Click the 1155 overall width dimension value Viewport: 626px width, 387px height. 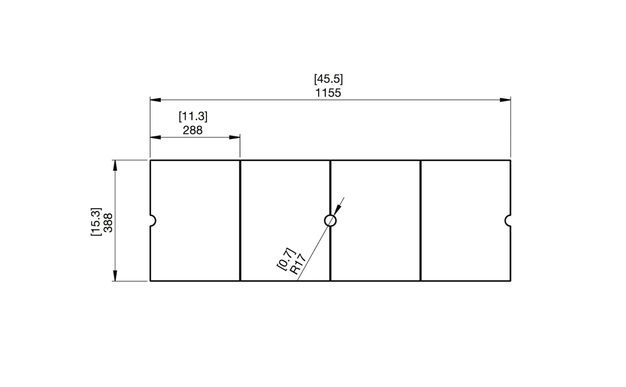[x=328, y=93]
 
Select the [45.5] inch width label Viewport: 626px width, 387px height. [x=328, y=79]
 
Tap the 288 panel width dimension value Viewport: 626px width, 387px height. [x=192, y=130]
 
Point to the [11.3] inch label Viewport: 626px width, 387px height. [x=193, y=117]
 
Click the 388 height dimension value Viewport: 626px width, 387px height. [x=108, y=222]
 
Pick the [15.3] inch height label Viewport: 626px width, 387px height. [x=96, y=222]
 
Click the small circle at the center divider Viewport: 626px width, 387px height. [x=330, y=221]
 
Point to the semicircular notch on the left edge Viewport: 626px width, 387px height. [x=152, y=221]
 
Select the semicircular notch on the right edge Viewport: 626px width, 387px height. [x=508, y=221]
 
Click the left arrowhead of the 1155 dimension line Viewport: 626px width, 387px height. [x=156, y=100]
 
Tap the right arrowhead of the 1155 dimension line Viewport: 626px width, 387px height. [x=505, y=100]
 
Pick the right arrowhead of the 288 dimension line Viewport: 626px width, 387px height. [x=234, y=137]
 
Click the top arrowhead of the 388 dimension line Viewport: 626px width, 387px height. [x=115, y=166]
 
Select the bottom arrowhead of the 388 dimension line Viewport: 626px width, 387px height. [x=115, y=276]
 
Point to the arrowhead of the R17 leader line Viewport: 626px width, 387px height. [x=338, y=210]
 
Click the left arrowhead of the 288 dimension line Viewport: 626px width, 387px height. [x=156, y=137]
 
